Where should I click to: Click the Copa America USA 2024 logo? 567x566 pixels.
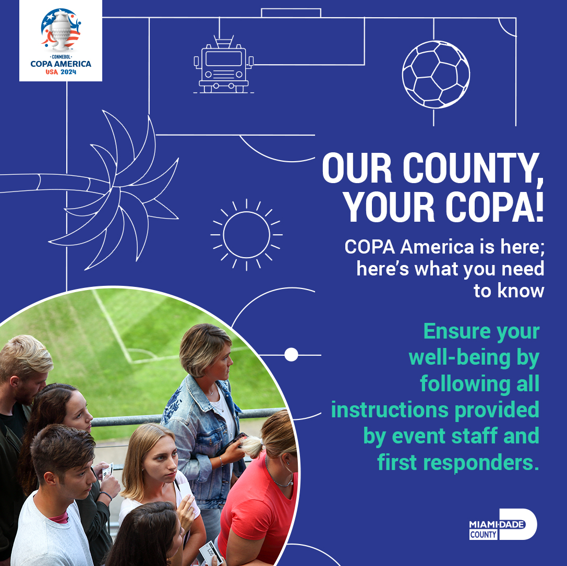[x=61, y=41]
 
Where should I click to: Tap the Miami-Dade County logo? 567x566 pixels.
[x=503, y=524]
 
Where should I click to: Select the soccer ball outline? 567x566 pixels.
[x=436, y=74]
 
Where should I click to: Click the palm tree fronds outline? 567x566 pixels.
[x=119, y=188]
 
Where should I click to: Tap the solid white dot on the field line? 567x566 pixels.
[x=291, y=354]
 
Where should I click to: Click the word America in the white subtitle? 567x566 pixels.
[x=437, y=247]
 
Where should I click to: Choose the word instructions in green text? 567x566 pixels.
[x=390, y=410]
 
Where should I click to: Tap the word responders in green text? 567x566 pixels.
[x=481, y=463]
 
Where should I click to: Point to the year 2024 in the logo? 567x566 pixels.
[x=68, y=72]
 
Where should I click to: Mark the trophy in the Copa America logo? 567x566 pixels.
[x=61, y=31]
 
